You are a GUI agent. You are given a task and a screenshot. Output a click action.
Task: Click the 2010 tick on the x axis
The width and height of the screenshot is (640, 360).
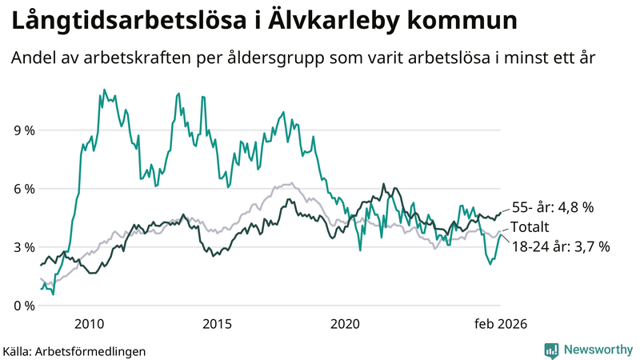click(x=89, y=323)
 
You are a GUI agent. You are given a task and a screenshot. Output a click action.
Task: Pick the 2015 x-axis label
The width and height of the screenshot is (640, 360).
click(x=217, y=323)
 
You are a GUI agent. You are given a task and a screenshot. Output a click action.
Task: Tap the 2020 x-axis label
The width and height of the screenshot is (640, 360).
click(x=345, y=323)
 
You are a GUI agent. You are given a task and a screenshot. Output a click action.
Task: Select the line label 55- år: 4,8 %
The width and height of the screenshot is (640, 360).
click(x=552, y=207)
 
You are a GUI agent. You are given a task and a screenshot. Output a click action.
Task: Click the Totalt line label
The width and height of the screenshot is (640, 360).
click(x=530, y=227)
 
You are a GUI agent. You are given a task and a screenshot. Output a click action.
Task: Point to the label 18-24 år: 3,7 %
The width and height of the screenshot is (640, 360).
click(x=559, y=247)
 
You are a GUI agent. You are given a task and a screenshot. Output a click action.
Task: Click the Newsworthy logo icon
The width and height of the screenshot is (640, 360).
click(x=551, y=350)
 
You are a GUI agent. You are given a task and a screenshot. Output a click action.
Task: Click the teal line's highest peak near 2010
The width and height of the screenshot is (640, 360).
click(x=105, y=90)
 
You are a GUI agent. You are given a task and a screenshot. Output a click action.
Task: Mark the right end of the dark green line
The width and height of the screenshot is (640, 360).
click(x=501, y=212)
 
